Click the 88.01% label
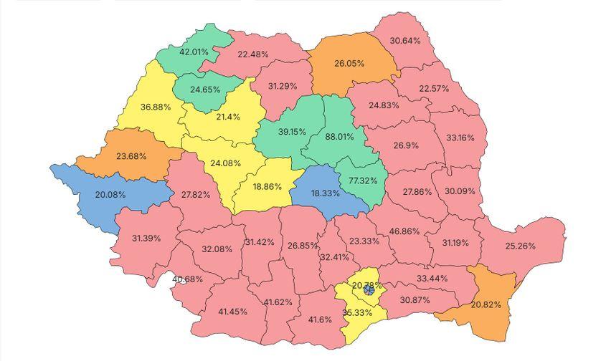[339, 136]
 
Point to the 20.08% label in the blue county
[110, 194]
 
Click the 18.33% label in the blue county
[326, 193]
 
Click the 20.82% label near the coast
[491, 304]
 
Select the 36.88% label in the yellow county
[156, 107]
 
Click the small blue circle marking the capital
[369, 290]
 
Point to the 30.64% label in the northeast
[405, 41]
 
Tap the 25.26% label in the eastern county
[521, 246]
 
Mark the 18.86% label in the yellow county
[267, 186]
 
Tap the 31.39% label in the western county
[146, 238]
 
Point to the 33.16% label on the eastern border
[460, 137]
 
